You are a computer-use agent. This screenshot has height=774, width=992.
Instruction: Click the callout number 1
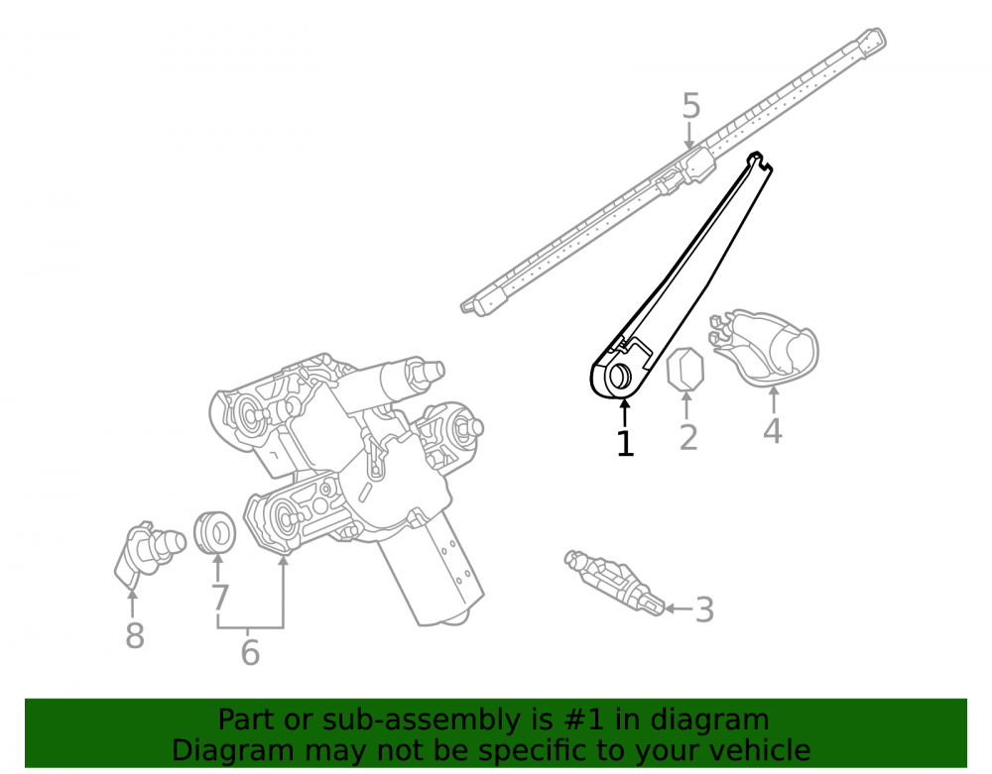pyautogui.click(x=625, y=443)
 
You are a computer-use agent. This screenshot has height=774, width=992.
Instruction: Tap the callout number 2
pyautogui.click(x=688, y=437)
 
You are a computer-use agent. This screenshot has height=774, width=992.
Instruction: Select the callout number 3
pyautogui.click(x=704, y=609)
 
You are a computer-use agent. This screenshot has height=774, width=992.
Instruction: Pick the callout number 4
pyautogui.click(x=773, y=431)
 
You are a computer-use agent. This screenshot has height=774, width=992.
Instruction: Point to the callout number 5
pyautogui.click(x=691, y=105)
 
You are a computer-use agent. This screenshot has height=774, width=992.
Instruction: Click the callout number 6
pyautogui.click(x=251, y=652)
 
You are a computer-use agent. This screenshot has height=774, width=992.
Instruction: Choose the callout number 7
pyautogui.click(x=219, y=597)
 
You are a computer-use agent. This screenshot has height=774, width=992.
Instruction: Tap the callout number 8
pyautogui.click(x=135, y=635)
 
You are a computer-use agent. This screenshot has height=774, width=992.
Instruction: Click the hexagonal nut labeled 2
pyautogui.click(x=685, y=369)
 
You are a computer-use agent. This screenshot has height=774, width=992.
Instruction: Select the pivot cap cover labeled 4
pyautogui.click(x=764, y=348)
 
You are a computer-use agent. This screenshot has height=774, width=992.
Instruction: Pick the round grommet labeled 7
pyautogui.click(x=214, y=532)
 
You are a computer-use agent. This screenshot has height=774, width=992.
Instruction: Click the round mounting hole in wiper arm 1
pyautogui.click(x=619, y=377)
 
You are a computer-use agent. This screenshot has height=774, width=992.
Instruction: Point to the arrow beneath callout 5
pyautogui.click(x=689, y=137)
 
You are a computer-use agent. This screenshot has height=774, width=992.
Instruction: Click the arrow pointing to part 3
pyautogui.click(x=679, y=609)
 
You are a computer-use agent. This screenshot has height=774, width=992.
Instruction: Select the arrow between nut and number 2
pyautogui.click(x=686, y=405)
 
